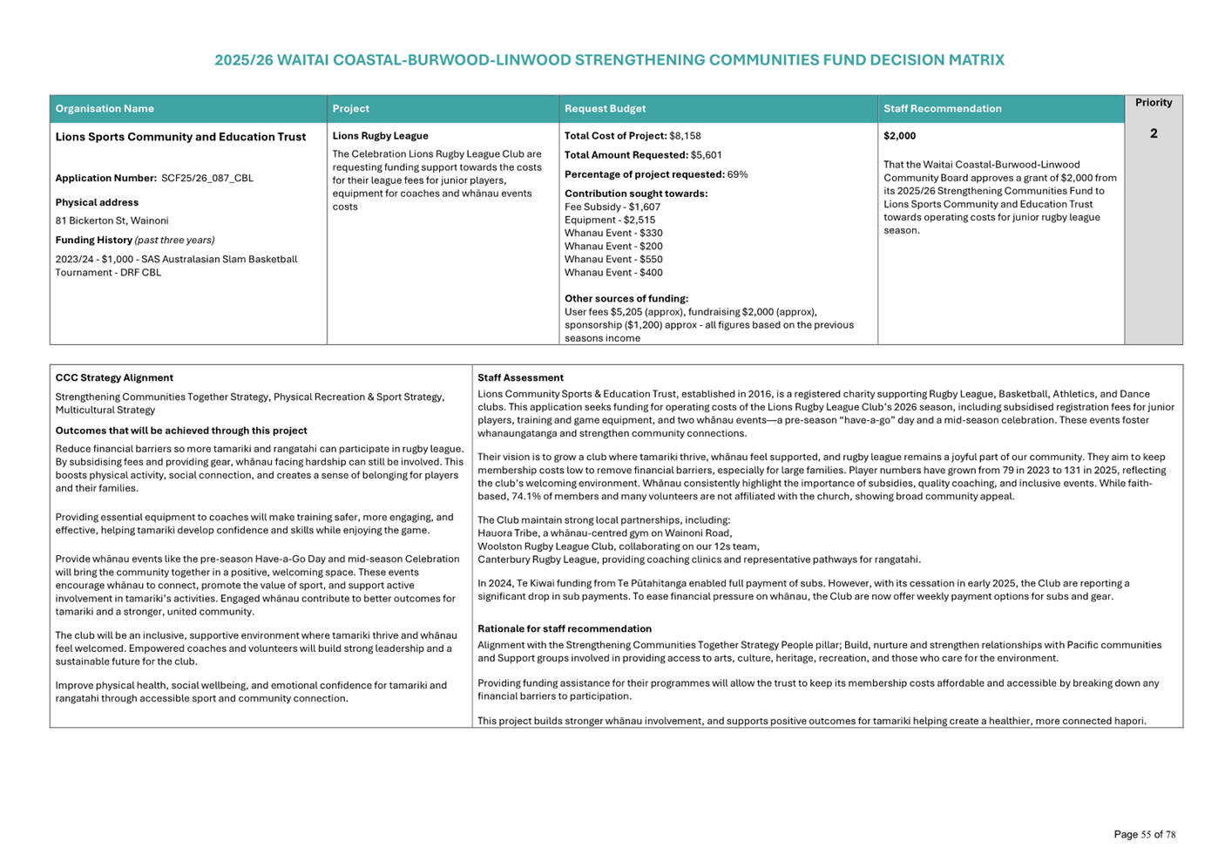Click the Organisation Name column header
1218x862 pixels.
coord(105,109)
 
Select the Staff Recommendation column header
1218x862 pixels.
coord(942,109)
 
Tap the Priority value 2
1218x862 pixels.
coord(1153,134)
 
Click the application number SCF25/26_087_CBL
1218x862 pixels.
coord(206,179)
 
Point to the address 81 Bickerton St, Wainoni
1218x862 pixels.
coord(112,221)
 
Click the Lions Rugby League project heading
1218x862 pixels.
coord(380,136)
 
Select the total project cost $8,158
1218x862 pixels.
coord(685,136)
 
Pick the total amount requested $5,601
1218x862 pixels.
coord(706,155)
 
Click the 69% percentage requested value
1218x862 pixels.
coord(737,174)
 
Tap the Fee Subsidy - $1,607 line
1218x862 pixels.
coord(612,207)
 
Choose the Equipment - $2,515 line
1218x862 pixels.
coord(609,221)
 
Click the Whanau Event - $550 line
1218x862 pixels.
coord(612,260)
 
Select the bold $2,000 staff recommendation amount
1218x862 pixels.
coord(899,136)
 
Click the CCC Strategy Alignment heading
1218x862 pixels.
coord(114,378)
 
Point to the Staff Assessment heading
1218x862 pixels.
coord(520,378)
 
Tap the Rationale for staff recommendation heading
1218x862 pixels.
coord(564,629)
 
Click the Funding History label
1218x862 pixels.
coord(94,241)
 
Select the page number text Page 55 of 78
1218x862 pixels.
coord(1144,835)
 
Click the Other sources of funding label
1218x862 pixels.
coord(626,299)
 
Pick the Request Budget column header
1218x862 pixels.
coord(605,109)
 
